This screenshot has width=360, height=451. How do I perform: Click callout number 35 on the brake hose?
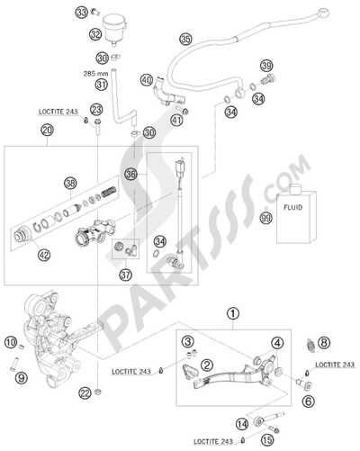[x=185, y=40]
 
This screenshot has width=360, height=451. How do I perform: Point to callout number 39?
[x=266, y=67]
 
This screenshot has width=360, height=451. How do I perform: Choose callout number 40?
[x=147, y=81]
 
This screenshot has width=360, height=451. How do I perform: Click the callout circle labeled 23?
[x=96, y=110]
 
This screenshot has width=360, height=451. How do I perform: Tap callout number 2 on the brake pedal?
[x=206, y=364]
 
